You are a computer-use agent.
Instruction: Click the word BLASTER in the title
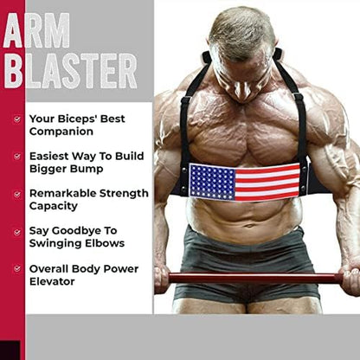pos(69,70)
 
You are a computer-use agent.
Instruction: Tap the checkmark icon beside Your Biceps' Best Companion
pos(16,119)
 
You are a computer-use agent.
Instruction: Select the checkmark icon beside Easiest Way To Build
pos(16,157)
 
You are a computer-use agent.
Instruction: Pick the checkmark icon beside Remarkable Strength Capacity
pos(16,194)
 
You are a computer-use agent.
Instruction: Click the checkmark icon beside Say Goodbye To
pos(16,231)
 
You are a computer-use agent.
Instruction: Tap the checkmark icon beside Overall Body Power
pos(16,268)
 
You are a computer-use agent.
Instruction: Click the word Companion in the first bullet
pos(60,132)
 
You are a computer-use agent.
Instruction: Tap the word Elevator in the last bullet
pos(55,281)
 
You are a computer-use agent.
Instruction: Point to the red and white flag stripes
pos(268,183)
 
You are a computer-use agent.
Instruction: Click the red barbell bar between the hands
pos(251,278)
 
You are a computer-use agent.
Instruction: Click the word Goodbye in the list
pos(80,231)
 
